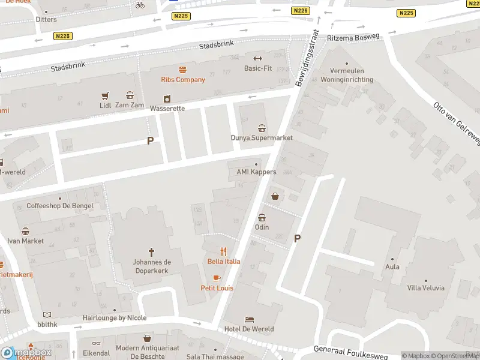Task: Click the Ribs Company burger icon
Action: click(182, 70)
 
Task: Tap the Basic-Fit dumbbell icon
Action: click(258, 58)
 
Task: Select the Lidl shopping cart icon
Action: click(106, 95)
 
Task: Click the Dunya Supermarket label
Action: click(262, 138)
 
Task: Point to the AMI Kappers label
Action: click(256, 172)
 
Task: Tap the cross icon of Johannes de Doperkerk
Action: click(152, 252)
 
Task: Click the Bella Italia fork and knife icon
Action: click(224, 251)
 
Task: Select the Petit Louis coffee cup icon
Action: click(217, 278)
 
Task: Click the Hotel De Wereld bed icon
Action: click(249, 319)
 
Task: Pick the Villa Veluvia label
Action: click(425, 288)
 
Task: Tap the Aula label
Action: click(392, 267)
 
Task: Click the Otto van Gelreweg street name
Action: click(457, 123)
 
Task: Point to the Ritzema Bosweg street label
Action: click(353, 37)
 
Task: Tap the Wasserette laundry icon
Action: click(167, 99)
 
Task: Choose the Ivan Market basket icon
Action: click(25, 231)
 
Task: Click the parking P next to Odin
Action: click(297, 239)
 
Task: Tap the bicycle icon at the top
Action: click(140, 5)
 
